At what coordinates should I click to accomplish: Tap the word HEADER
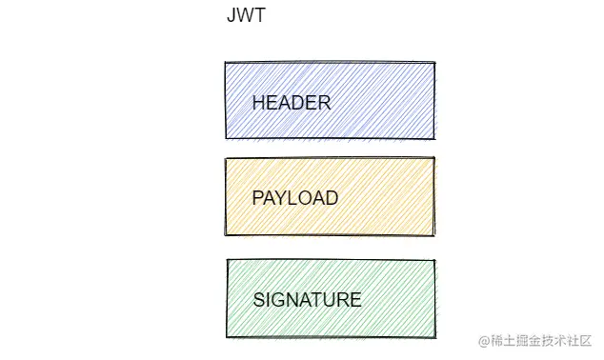pos(291,103)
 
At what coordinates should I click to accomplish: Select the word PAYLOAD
pos(294,198)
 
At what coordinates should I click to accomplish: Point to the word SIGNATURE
pos(307,300)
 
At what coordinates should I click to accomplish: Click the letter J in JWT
pos(232,16)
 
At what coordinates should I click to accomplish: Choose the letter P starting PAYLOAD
pos(257,198)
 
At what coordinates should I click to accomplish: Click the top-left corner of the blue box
pos(226,63)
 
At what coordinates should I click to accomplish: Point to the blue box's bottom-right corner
pos(435,139)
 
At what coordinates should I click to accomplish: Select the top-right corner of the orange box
pos(435,158)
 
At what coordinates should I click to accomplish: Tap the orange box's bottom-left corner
pos(226,235)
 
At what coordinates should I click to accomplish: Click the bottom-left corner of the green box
pos(227,336)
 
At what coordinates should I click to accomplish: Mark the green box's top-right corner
pos(436,259)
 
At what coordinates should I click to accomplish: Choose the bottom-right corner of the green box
pos(436,336)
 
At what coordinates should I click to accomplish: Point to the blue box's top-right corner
pos(435,63)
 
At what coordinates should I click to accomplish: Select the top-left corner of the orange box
pos(226,158)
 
